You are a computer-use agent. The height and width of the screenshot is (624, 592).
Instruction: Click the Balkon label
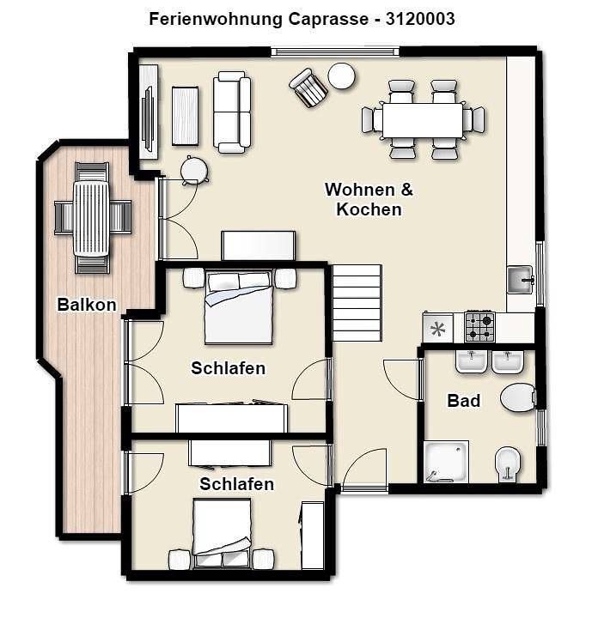87,305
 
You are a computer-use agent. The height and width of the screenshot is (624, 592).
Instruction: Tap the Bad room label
463,400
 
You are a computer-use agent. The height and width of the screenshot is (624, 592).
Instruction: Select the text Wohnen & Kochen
369,199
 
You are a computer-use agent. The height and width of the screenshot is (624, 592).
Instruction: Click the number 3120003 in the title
420,19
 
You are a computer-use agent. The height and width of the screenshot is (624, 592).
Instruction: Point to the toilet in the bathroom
518,397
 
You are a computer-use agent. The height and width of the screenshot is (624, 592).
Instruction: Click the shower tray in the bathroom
446,462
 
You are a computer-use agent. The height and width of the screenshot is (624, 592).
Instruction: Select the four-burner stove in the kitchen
479,327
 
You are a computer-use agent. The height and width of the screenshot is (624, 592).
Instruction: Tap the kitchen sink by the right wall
520,279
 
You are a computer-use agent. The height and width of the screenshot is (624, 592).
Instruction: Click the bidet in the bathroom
508,464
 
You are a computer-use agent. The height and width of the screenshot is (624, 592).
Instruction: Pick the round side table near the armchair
341,76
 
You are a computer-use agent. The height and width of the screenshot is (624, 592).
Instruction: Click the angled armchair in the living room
308,88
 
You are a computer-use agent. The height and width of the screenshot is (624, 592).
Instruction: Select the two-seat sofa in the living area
232,112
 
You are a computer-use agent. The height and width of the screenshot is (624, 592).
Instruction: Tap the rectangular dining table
423,120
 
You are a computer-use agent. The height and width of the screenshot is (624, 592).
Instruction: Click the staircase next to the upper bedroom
357,303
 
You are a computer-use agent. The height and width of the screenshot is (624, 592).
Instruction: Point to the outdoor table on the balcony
91,218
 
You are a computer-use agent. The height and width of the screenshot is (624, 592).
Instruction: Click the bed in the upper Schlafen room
238,307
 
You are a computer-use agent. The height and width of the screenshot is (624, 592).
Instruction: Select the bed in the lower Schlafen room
222,533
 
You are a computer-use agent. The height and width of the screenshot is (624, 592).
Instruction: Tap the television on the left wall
148,119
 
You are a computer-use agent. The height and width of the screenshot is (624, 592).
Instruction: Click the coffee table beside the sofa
185,116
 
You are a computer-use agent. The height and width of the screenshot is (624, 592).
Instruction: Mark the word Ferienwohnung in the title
216,19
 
